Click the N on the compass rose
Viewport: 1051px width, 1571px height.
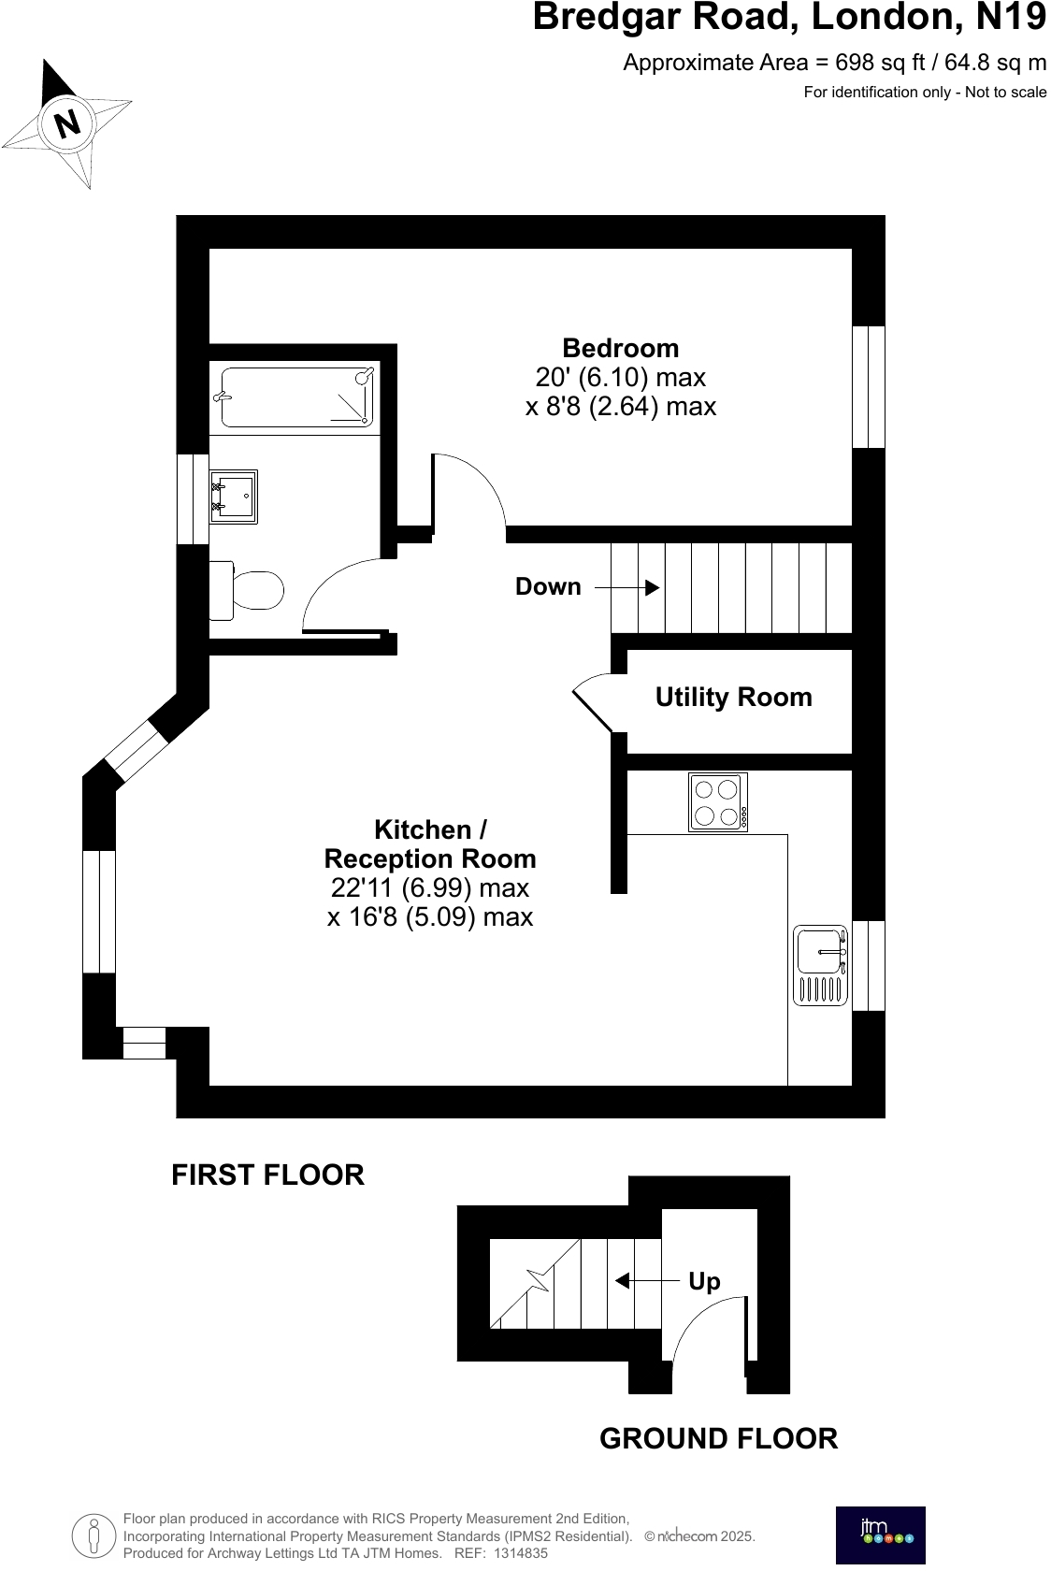click(x=66, y=123)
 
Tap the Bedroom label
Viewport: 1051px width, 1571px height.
click(x=620, y=348)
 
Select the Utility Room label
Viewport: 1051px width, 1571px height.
click(x=733, y=697)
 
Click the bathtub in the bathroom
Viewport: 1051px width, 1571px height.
click(x=297, y=396)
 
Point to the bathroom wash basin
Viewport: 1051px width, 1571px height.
click(x=234, y=497)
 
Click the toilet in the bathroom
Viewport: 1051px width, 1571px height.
click(x=249, y=590)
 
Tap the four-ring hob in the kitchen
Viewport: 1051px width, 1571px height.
click(x=718, y=802)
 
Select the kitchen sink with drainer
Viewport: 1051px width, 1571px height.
click(x=821, y=965)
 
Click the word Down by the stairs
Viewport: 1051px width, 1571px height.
click(x=548, y=586)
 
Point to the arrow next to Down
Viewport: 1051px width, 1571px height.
click(x=627, y=587)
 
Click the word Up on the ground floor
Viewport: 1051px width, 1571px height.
click(x=704, y=1280)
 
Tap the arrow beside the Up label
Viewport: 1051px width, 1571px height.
click(x=646, y=1280)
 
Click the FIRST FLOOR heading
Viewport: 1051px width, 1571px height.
click(x=267, y=1175)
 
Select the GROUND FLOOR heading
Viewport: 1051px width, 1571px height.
click(x=718, y=1438)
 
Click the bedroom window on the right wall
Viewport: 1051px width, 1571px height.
click(x=869, y=387)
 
